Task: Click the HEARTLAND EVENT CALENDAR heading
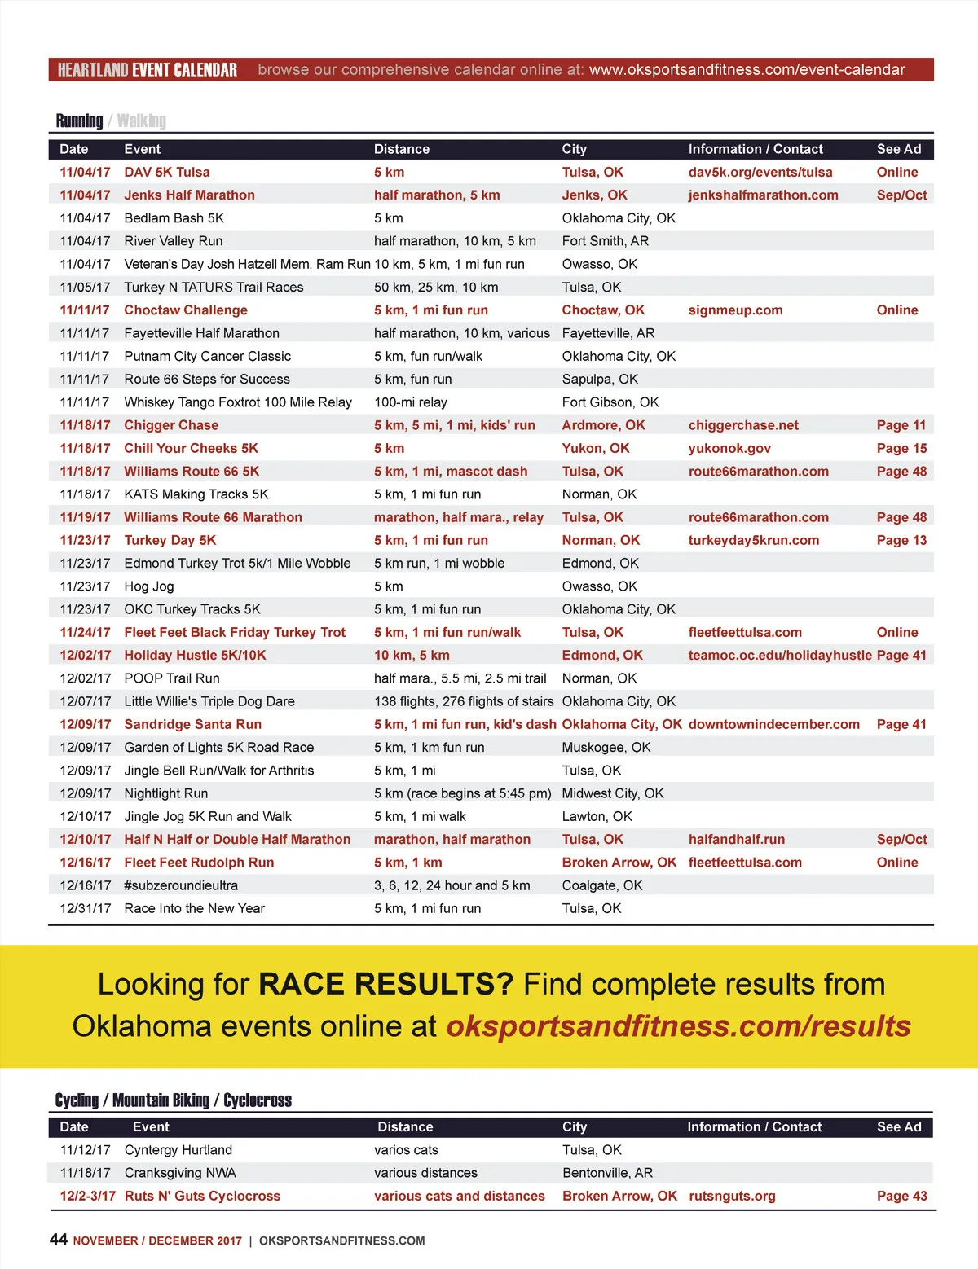148,70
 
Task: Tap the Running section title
79,121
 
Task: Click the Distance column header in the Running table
402,149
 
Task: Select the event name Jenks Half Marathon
189,195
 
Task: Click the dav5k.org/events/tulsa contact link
760,173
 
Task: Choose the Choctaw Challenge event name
186,310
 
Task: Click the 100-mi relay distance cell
411,402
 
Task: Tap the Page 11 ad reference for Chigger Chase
901,425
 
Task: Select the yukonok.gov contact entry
729,449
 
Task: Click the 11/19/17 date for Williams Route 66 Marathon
85,517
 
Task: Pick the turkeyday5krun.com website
754,541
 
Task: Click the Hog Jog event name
149,586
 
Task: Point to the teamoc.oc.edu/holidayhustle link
780,656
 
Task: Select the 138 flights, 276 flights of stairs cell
464,701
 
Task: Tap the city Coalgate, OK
602,885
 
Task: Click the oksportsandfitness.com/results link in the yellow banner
678,1026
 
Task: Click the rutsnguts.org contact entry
732,1196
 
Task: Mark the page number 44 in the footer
59,1240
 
